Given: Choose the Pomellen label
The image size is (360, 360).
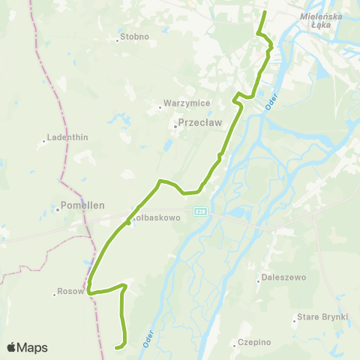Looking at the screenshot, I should coord(82,204).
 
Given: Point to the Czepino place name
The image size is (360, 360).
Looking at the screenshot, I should coord(253,342).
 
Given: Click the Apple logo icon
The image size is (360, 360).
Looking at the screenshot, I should coord(12,347).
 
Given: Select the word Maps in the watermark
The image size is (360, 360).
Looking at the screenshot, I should coord(33,347).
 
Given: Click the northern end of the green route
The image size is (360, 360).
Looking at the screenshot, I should coord(265,12).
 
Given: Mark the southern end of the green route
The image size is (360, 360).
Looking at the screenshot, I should coord(115,347).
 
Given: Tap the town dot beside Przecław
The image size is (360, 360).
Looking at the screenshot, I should coord(175,126).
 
